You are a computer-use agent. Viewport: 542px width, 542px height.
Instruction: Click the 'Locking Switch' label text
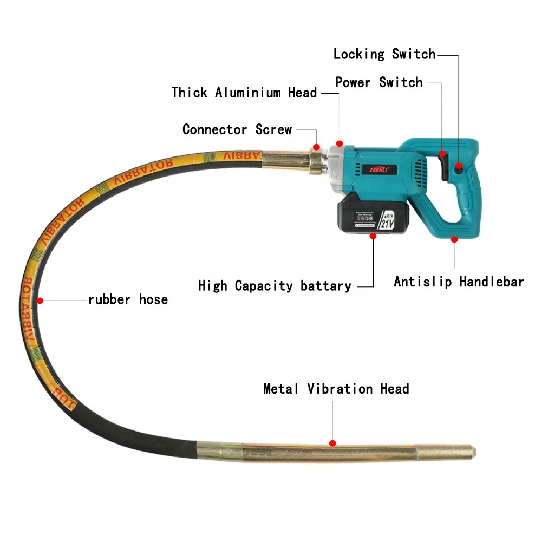pos(384,54)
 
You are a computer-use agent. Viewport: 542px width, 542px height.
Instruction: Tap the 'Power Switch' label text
pos(378,83)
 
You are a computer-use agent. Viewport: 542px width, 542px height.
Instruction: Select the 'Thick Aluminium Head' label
pos(244,93)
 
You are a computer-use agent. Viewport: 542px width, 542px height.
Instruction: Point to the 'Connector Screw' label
pos(237,130)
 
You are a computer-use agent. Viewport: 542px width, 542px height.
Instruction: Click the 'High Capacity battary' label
pos(275,286)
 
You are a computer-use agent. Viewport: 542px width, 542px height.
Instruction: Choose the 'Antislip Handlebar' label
pos(459,282)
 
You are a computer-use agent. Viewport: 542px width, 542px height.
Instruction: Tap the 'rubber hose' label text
pos(128,299)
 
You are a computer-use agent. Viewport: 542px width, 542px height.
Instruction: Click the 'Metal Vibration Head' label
pos(336,389)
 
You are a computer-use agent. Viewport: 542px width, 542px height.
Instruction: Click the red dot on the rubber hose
pos(40,299)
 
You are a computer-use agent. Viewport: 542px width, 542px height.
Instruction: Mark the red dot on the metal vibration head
pos(332,443)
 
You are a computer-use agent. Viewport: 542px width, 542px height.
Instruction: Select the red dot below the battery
pos(373,236)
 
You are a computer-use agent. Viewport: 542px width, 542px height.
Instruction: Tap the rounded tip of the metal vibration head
pos(473,450)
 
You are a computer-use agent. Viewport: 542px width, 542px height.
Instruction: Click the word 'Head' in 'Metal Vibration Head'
pos(394,389)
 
